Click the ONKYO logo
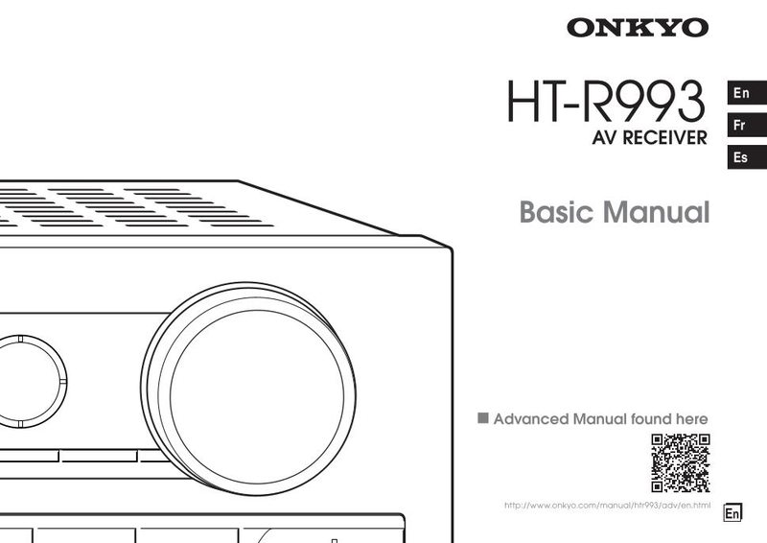point(638,28)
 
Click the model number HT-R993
point(606,102)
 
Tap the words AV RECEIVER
point(649,137)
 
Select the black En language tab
point(747,92)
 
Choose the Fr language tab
point(747,125)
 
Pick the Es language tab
point(747,157)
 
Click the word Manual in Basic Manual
point(656,212)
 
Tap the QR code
point(681,462)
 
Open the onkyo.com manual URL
point(607,505)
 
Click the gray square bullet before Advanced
point(483,417)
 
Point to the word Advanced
point(531,418)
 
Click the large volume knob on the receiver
point(248,389)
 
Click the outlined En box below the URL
point(732,512)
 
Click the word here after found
point(691,418)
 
